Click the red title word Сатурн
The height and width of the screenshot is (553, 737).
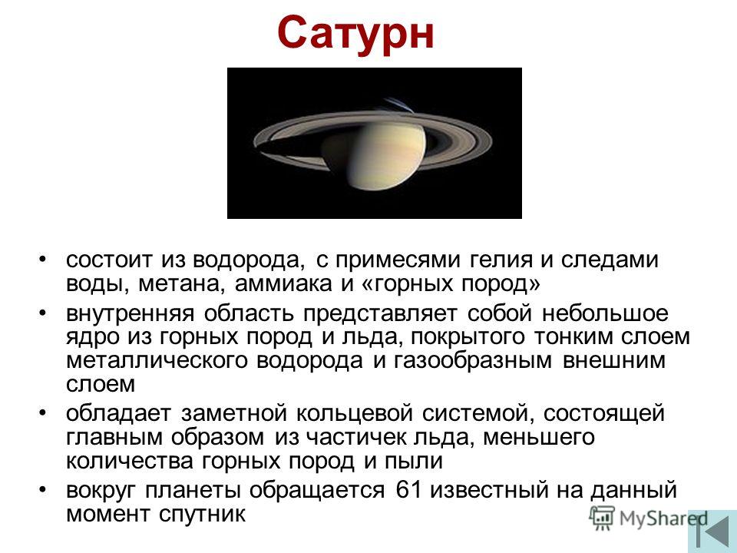[355, 34]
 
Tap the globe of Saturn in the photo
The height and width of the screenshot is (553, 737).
[386, 150]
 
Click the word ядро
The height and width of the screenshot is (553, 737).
[91, 338]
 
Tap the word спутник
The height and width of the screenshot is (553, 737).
[202, 514]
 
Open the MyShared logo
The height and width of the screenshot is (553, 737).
[648, 518]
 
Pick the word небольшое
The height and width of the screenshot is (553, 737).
[605, 313]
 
